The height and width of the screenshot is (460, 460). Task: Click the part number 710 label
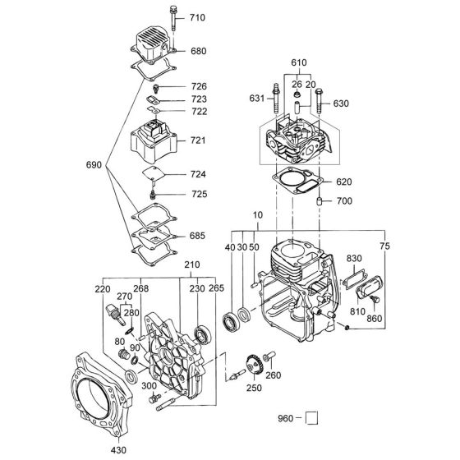198,17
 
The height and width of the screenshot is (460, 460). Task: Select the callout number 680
198,51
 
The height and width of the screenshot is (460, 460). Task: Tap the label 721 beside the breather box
198,141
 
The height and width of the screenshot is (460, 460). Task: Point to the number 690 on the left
96,166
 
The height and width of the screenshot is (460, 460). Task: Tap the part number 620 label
343,182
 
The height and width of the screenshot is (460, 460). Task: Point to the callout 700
343,201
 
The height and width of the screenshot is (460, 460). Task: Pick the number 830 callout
356,259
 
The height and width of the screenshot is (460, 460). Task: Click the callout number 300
150,386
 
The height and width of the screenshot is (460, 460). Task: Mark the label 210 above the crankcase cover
192,265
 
